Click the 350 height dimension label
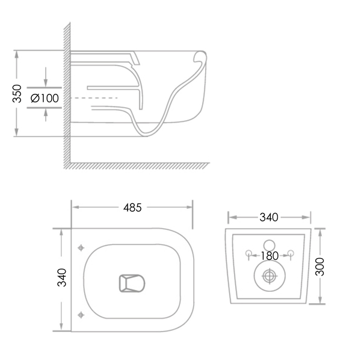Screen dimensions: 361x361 tap(17, 93)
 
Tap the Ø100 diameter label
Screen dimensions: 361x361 tap(45, 98)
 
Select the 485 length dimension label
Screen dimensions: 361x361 tap(132, 208)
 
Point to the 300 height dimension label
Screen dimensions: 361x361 tap(320, 267)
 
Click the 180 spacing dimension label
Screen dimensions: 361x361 tap(270, 256)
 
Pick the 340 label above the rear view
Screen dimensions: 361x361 tap(269, 217)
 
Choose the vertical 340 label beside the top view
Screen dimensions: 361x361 tap(62, 277)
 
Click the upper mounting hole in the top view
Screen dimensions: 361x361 tap(81, 248)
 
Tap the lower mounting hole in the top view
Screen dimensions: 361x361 tap(81, 315)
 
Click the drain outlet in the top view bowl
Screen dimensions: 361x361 tap(132, 283)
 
